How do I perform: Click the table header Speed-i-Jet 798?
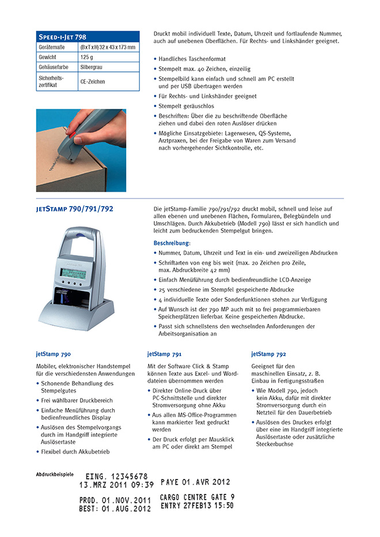62,37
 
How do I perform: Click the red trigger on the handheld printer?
73,135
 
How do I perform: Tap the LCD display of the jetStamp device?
73,273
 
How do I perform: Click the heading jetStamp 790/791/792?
74,209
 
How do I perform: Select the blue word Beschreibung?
172,243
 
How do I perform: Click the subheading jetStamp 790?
53,354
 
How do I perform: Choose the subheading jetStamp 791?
165,354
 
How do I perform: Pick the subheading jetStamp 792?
268,354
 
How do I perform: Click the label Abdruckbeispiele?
55,475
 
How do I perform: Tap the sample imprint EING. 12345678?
116,477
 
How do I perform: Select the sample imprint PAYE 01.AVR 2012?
195,482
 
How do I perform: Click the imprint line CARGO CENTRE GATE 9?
197,497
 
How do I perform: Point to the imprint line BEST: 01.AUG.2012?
115,509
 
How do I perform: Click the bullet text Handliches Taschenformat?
192,59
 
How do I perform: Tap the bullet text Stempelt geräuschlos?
186,106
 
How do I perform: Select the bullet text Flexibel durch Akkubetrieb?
75,452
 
